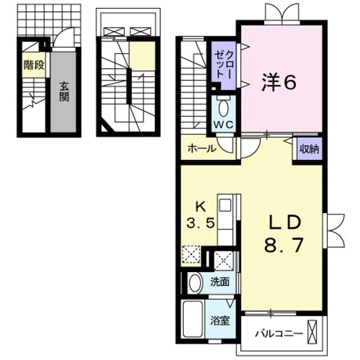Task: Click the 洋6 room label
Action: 278,83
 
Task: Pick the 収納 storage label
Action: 308,150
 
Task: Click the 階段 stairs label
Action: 33,65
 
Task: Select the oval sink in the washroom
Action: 195,282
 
